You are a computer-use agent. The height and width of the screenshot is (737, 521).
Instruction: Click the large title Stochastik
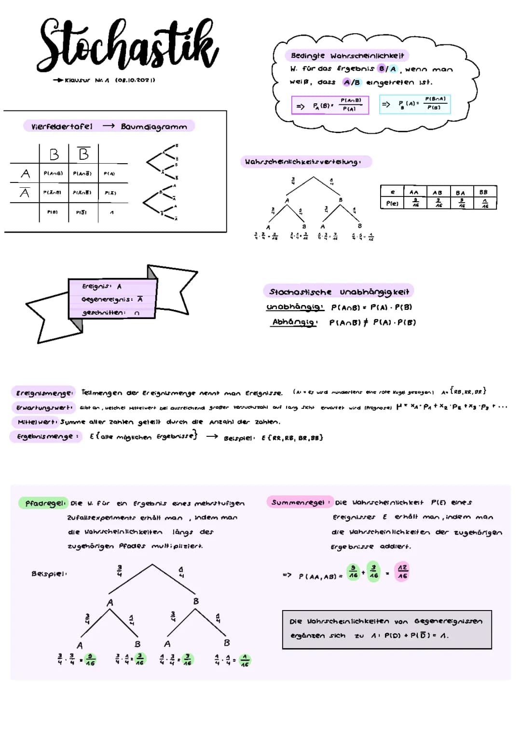pyautogui.click(x=127, y=46)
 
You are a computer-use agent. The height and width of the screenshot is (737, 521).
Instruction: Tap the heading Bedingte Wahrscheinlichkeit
pyautogui.click(x=347, y=56)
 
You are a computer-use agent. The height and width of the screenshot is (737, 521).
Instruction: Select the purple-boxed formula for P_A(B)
pyautogui.click(x=330, y=105)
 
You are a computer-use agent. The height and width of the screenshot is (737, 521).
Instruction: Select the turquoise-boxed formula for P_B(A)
pyautogui.click(x=415, y=104)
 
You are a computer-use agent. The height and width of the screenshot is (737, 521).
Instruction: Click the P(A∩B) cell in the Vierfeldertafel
pyautogui.click(x=53, y=173)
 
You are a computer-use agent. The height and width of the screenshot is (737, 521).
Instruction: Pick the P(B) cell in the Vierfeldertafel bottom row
pyautogui.click(x=53, y=212)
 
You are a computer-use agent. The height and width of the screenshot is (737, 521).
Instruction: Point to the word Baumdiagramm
pyautogui.click(x=154, y=126)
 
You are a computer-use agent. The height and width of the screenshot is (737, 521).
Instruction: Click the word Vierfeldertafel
pyautogui.click(x=62, y=126)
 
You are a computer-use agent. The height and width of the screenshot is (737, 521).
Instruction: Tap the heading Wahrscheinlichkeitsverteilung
pyautogui.click(x=305, y=162)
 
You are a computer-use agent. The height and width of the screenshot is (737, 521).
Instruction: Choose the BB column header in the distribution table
pyautogui.click(x=483, y=192)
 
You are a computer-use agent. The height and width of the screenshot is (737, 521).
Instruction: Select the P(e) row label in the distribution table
pyautogui.click(x=392, y=204)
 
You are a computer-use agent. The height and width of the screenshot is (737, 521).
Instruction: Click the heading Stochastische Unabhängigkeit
pyautogui.click(x=339, y=292)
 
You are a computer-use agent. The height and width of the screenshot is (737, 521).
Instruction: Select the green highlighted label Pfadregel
pyautogui.click(x=44, y=503)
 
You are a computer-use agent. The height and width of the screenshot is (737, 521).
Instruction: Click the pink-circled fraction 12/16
pyautogui.click(x=402, y=571)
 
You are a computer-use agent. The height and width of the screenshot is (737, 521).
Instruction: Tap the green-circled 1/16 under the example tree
pyautogui.click(x=245, y=660)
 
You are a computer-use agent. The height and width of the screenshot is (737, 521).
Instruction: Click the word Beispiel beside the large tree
pyautogui.click(x=49, y=573)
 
